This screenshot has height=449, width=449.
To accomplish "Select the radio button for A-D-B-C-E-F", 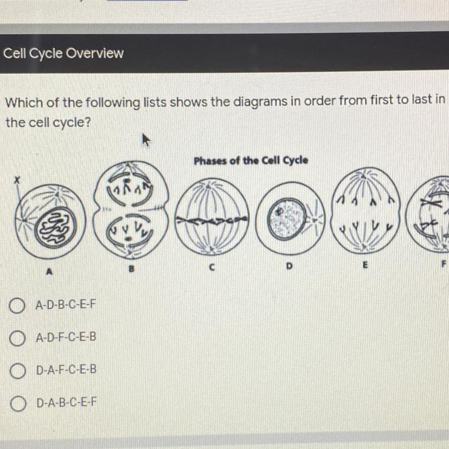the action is coord(17,305).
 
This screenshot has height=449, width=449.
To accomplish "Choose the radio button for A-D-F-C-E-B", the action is coord(17,338).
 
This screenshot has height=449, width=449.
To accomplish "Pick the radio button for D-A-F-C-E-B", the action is coord(17,371).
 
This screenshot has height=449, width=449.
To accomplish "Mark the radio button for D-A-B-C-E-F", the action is coord(18,404).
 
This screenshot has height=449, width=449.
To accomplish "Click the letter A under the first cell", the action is coord(49,271).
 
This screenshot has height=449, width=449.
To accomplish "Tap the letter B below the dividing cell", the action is coord(131,269).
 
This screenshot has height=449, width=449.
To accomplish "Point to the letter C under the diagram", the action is coord(211,267).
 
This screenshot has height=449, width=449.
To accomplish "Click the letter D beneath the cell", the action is coord(289,266).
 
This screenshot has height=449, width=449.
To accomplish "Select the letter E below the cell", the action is coord(365,265).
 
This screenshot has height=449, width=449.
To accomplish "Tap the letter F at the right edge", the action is coord(444,264).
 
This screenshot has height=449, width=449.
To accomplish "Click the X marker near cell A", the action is coord(17,180).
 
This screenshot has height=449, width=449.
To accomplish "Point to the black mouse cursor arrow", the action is coord(146,140).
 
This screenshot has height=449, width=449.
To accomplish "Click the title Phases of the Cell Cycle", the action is coord(251,161).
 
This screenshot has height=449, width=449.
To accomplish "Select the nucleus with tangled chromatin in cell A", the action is coord(56,227).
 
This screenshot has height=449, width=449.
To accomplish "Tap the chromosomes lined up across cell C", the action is coord(211,220).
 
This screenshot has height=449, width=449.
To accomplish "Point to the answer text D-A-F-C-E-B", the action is coord(66,370).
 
